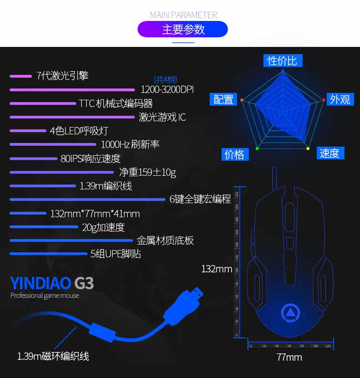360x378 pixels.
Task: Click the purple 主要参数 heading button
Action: (183, 30)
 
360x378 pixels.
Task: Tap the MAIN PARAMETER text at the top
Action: (183, 15)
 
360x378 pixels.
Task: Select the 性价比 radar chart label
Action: (282, 61)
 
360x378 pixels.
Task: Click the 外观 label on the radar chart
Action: (340, 99)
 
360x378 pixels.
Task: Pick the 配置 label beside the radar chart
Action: (223, 99)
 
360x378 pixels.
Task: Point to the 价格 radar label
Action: (235, 154)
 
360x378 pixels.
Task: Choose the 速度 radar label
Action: (329, 153)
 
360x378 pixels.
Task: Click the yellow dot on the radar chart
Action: (308, 148)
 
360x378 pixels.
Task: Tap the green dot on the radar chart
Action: (257, 148)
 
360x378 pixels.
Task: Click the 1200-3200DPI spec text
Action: (167, 89)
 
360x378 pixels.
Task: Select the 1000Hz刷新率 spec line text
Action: (130, 145)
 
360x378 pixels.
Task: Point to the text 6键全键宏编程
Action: (200, 199)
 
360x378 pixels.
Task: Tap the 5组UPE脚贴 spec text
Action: (116, 254)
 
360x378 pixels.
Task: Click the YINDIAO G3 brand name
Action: (52, 283)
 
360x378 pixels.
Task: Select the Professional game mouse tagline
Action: (45, 296)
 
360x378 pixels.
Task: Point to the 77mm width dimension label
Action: (289, 358)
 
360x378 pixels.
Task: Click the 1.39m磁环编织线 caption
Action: (53, 356)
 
